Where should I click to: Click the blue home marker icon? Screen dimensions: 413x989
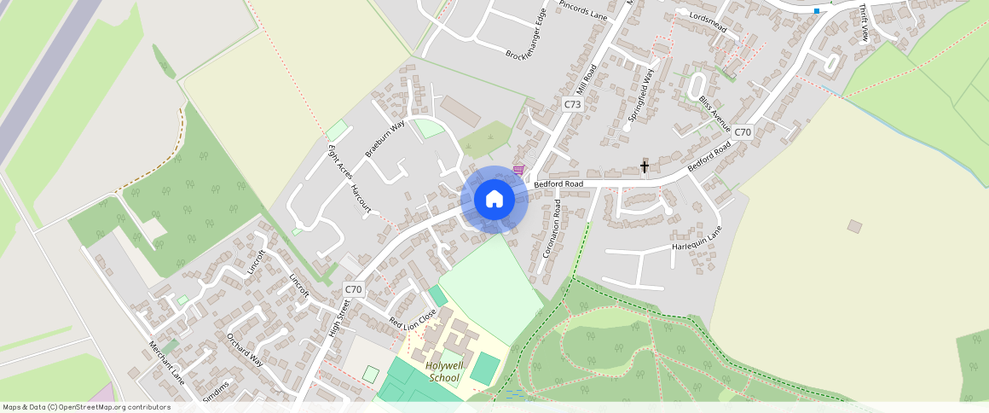pyautogui.click(x=494, y=200)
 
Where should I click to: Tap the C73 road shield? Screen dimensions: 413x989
pyautogui.click(x=572, y=104)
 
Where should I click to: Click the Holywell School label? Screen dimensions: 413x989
pyautogui.click(x=443, y=372)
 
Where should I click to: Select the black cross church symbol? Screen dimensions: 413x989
pyautogui.click(x=645, y=166)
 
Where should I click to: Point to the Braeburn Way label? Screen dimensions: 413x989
pyautogui.click(x=385, y=138)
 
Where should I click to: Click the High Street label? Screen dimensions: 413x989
pyautogui.click(x=339, y=317)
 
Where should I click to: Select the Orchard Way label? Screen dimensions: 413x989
pyautogui.click(x=246, y=348)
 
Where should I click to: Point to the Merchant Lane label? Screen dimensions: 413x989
pyautogui.click(x=167, y=362)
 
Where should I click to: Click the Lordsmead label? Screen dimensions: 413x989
pyautogui.click(x=707, y=22)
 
